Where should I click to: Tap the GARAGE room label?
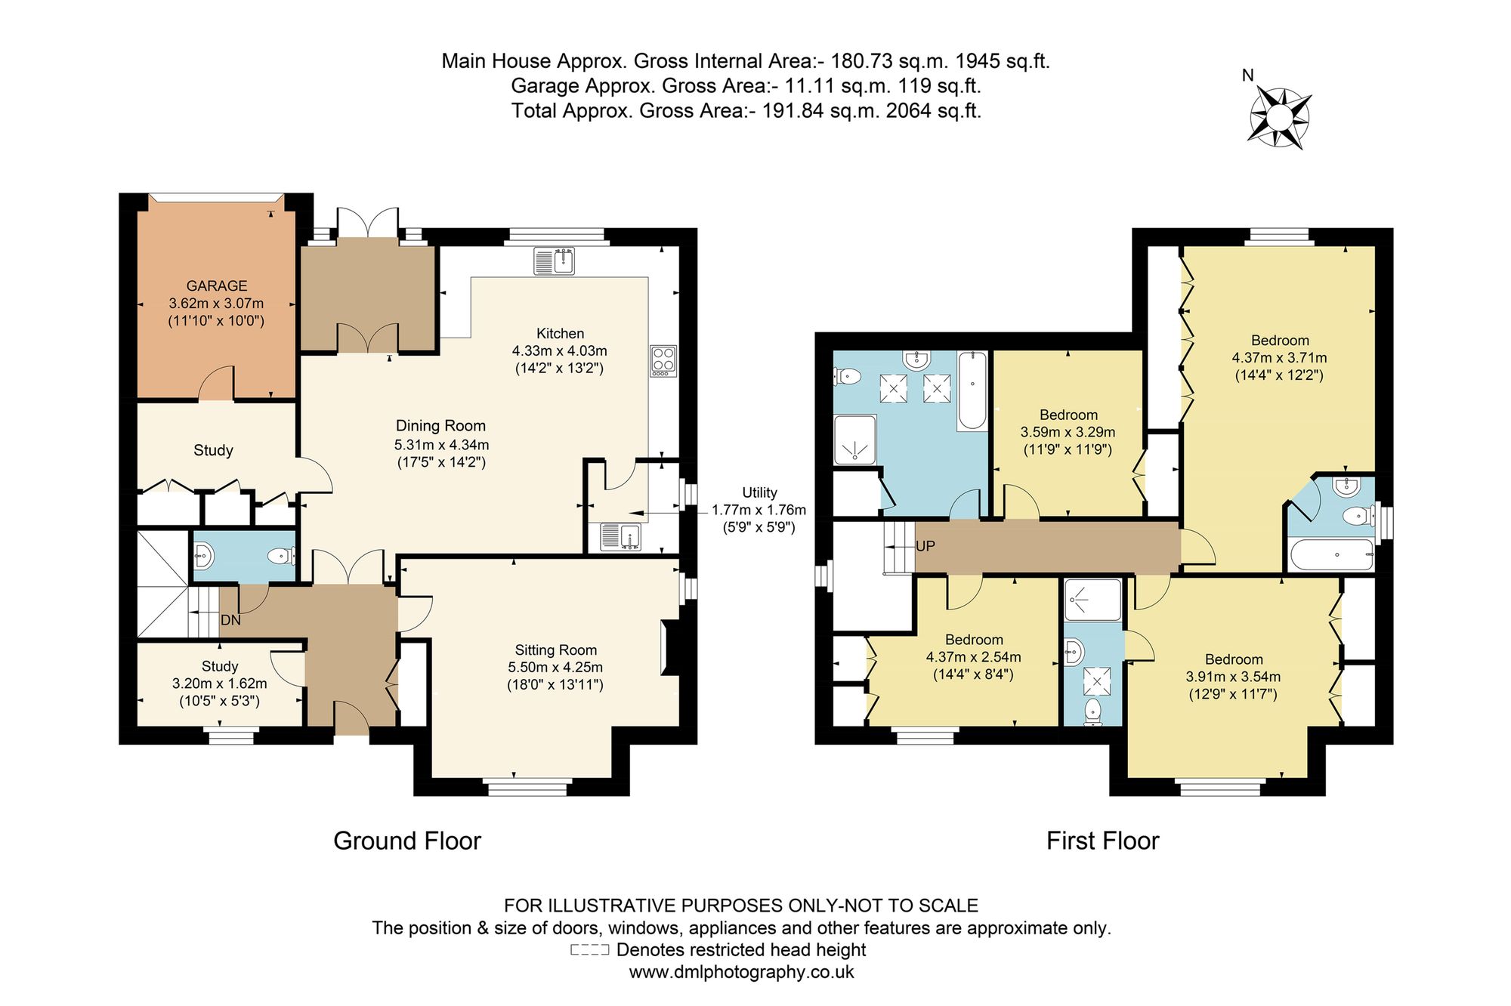pyautogui.click(x=217, y=285)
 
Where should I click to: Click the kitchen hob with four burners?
pyautogui.click(x=663, y=361)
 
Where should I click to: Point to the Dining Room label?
pyautogui.click(x=440, y=426)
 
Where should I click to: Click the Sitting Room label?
pyautogui.click(x=556, y=650)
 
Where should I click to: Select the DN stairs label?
pyautogui.click(x=230, y=620)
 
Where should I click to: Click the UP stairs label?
pyautogui.click(x=925, y=546)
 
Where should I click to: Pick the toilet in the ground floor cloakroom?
pyautogui.click(x=280, y=557)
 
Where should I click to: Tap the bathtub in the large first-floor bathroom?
pyautogui.click(x=972, y=390)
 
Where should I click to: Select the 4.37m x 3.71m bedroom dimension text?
pyautogui.click(x=1280, y=358)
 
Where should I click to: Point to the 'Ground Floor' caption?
pyautogui.click(x=407, y=841)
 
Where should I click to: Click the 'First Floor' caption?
pyautogui.click(x=1103, y=841)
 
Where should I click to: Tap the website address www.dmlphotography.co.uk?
pyautogui.click(x=742, y=972)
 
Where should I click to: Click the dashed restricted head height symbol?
pyautogui.click(x=589, y=950)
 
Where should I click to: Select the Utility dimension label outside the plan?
pyautogui.click(x=759, y=510)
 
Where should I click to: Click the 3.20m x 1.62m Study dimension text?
pyautogui.click(x=220, y=684)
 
